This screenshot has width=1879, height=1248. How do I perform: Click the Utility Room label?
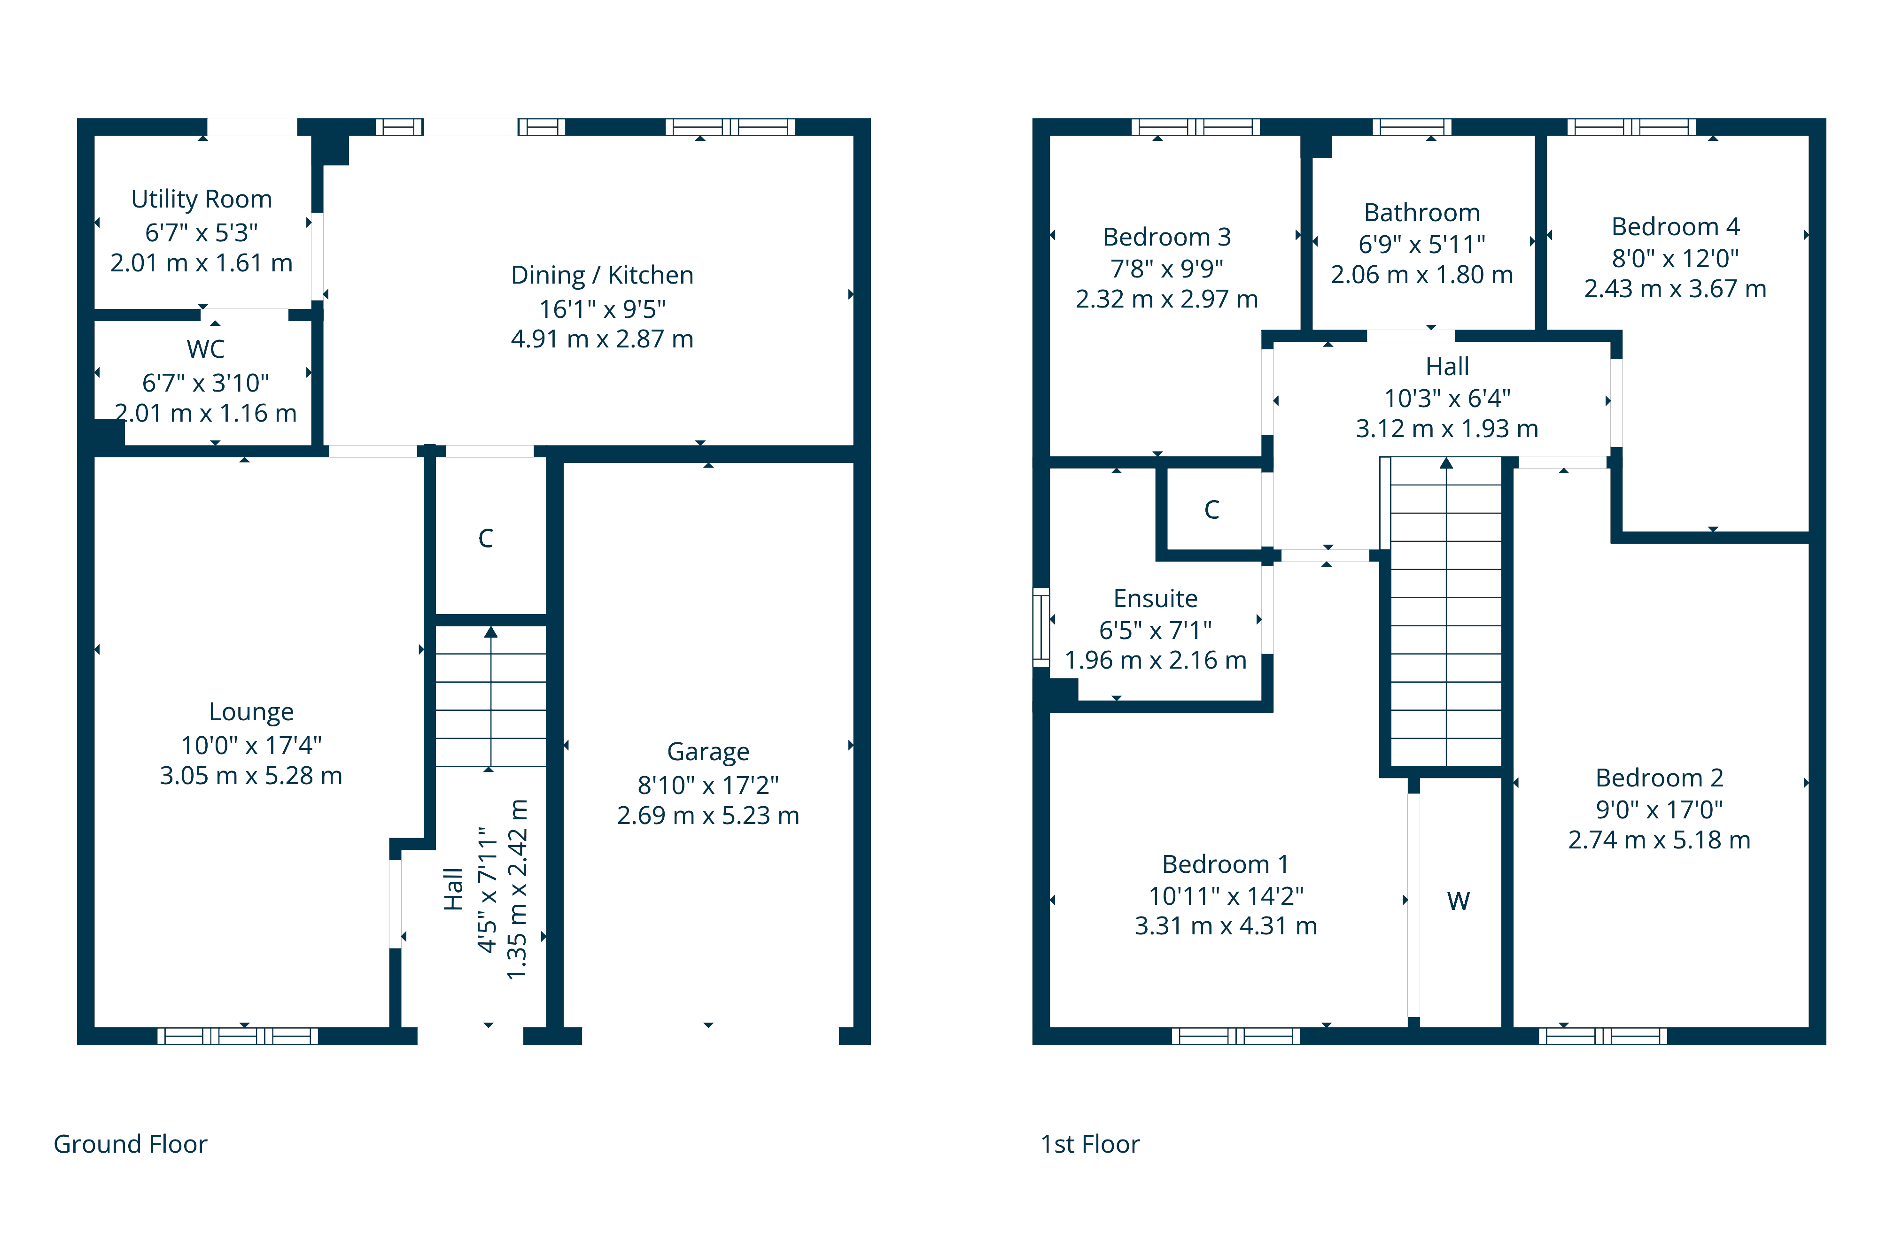point(202,199)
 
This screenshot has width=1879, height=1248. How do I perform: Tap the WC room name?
point(205,348)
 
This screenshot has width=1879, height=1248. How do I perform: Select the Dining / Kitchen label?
point(602,276)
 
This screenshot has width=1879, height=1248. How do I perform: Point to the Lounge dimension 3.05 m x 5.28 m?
point(251,775)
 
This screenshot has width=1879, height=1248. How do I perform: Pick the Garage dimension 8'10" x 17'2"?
point(708,785)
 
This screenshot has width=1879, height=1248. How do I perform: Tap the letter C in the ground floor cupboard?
point(486,538)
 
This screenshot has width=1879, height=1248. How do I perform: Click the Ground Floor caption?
point(131,1144)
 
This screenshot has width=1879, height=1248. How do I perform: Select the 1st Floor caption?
point(1090,1144)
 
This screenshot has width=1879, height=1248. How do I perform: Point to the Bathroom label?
point(1422,213)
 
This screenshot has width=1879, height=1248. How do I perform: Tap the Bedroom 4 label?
point(1675,227)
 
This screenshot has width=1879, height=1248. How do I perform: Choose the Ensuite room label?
point(1155,598)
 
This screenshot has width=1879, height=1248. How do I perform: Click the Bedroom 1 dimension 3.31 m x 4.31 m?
point(1226,925)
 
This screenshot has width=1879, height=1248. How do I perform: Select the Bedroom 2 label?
point(1659,778)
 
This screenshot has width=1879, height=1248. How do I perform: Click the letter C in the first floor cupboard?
point(1212,509)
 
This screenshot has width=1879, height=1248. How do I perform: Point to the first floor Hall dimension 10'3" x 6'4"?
point(1447,398)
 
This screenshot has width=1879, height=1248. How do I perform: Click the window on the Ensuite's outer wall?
point(1040,627)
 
